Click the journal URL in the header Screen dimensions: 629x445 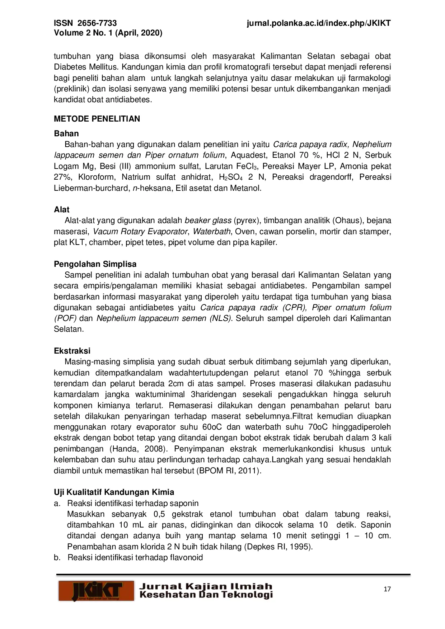[319, 23]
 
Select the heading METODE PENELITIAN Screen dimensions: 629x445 [97, 119]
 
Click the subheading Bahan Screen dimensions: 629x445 [66, 133]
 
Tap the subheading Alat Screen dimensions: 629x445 [62, 209]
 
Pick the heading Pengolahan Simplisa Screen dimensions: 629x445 [95, 264]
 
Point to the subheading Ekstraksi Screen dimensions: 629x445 [72, 351]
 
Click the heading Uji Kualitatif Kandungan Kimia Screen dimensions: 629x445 [114, 492]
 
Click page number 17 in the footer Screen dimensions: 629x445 [387, 589]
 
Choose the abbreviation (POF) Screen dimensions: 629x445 [65, 318]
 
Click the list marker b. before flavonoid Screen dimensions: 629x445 [57, 558]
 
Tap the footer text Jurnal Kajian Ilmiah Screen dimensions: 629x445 [206, 587]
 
